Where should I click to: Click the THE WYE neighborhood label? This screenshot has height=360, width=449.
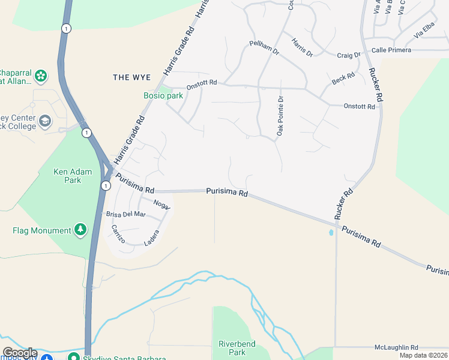pos(131,77)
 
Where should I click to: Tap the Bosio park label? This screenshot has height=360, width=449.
pos(163,95)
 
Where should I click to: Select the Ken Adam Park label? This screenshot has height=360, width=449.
pos(73,175)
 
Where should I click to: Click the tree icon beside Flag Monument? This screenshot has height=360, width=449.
pos(80,230)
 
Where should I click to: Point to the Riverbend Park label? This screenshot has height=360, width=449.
pos(237,348)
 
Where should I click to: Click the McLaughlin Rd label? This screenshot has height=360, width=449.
pos(396,347)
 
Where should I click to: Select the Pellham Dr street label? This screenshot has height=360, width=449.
pos(265,48)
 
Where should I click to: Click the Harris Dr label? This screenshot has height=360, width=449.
pos(302,47)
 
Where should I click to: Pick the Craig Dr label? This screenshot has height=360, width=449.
pos(348,55)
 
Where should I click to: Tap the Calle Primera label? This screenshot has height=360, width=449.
pos(391,50)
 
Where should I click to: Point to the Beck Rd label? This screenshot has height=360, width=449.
pos(343,79)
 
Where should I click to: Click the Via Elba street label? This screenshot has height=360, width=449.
pos(424,31)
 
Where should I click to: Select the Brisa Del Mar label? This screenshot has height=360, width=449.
pos(125,214)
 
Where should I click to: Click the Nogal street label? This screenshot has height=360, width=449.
pos(162,204)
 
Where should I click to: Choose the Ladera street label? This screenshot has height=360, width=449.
pos(152,238)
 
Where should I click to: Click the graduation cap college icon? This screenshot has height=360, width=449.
pos(45,122)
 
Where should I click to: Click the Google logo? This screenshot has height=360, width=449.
pos(20,353)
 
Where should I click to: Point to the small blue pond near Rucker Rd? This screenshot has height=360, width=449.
pos(331,232)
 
